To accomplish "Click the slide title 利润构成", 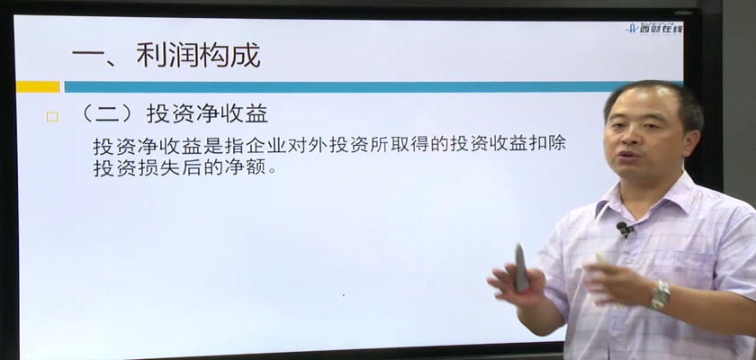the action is point(198,55).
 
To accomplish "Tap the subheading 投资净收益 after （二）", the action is point(207,114).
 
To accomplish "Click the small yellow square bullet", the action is point(52,117).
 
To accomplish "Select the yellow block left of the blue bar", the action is point(38,86).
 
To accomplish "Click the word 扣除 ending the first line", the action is point(546,145).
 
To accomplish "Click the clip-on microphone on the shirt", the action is point(625,229).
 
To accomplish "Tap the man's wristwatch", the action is point(660,294).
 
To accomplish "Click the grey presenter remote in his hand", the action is point(521,267).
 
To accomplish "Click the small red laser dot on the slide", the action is point(343,295).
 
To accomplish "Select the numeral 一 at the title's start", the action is point(89,57).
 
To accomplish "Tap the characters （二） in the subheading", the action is point(106,114).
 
